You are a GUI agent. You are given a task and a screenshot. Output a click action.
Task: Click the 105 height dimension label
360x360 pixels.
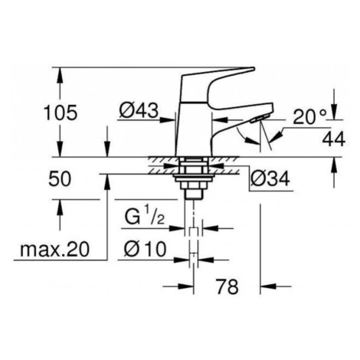click(61, 113)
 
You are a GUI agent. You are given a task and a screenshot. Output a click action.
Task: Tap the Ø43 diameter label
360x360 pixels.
click(139, 110)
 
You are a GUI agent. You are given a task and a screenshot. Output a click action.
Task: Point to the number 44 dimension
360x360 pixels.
click(333, 139)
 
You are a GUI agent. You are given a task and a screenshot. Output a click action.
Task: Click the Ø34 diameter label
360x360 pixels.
click(270, 178)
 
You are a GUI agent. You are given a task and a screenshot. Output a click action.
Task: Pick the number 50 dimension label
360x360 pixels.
click(60, 178)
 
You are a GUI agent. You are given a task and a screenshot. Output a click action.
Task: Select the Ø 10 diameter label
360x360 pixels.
click(145, 249)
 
